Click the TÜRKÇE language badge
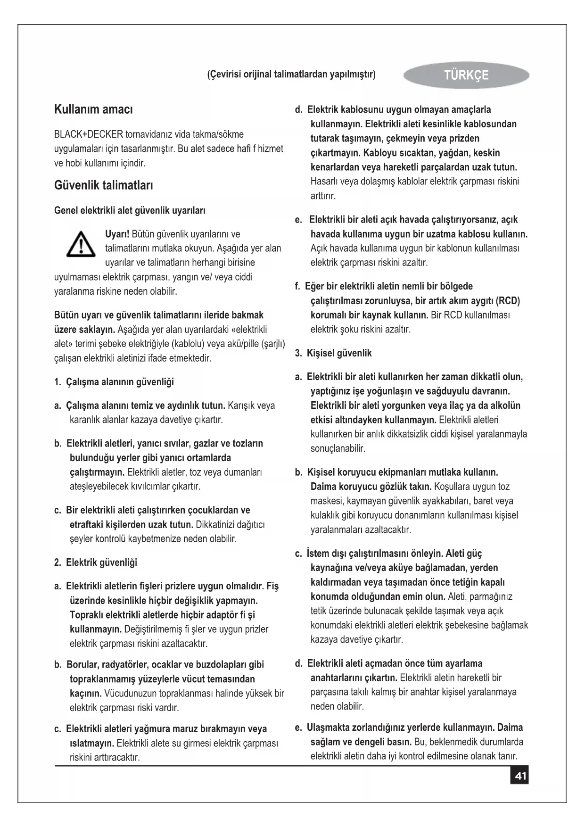(x=466, y=75)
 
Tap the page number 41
(x=520, y=776)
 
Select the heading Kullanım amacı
(x=93, y=109)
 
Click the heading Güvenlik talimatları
(x=103, y=185)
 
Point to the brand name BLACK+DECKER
(x=89, y=134)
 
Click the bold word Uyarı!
(x=117, y=234)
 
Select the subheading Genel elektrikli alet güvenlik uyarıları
(x=130, y=210)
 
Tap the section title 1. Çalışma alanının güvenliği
(x=114, y=381)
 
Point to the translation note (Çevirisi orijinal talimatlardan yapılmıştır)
(x=291, y=74)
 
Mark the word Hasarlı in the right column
(x=324, y=181)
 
